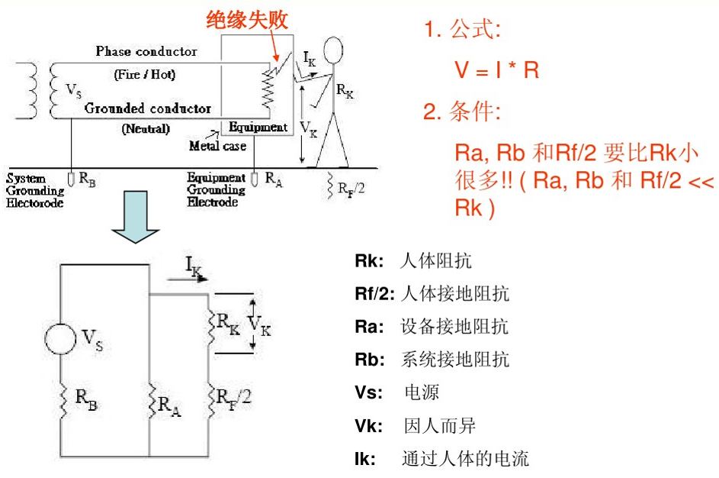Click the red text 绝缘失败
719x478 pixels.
click(x=248, y=21)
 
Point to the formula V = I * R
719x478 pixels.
click(x=497, y=71)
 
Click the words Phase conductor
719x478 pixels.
click(x=146, y=51)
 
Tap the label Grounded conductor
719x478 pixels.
click(x=148, y=108)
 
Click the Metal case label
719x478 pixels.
click(x=217, y=145)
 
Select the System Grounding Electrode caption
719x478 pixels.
click(x=35, y=190)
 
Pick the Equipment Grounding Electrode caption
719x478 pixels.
click(x=217, y=189)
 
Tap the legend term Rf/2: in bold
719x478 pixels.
click(x=374, y=294)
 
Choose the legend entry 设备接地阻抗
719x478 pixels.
click(x=454, y=327)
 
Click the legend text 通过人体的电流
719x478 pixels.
click(x=465, y=459)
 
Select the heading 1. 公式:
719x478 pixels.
click(x=463, y=31)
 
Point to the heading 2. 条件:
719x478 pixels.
click(x=463, y=113)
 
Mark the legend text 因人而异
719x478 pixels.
click(x=440, y=426)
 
